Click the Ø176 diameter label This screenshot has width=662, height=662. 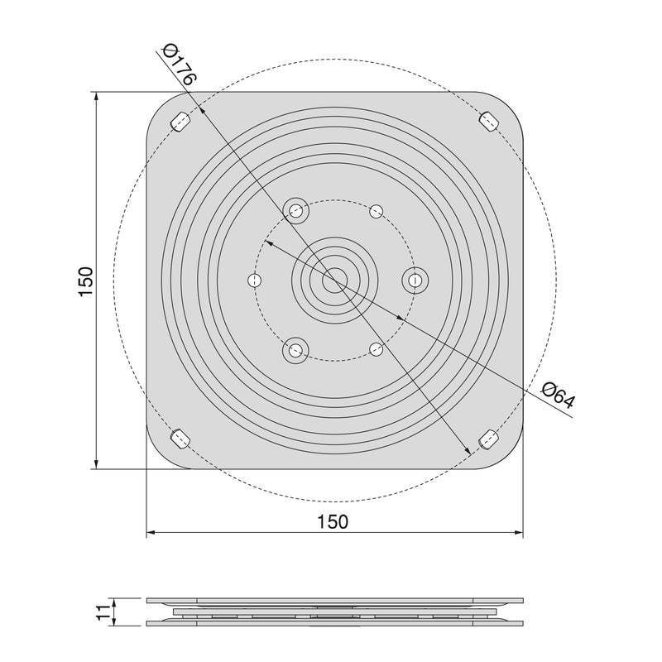pyautogui.click(x=179, y=66)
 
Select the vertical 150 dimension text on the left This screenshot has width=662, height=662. pyautogui.click(x=86, y=281)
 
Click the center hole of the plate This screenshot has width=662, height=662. pyautogui.click(x=334, y=281)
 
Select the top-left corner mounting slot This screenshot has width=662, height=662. pyautogui.click(x=180, y=122)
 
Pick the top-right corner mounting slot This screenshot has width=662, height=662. pyautogui.click(x=488, y=121)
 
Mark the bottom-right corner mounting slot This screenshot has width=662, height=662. pyautogui.click(x=489, y=439)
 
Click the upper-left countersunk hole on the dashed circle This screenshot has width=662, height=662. pyautogui.click(x=295, y=210)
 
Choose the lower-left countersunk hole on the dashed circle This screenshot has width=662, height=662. pyautogui.click(x=294, y=351)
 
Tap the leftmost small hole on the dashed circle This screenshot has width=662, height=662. pyautogui.click(x=254, y=281)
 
